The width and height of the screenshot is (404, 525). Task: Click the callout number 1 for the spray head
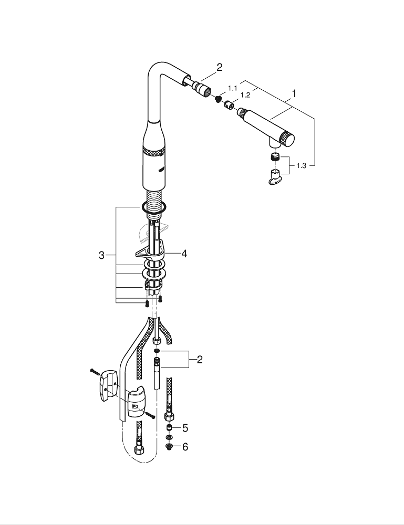point(294,94)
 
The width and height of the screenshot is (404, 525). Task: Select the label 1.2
point(245,95)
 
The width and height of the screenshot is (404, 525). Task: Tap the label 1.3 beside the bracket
point(301,165)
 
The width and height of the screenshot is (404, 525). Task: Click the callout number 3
point(101,256)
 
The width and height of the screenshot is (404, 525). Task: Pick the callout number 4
point(184,254)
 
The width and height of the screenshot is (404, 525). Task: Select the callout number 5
point(185,428)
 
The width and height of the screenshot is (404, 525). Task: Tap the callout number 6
point(185,447)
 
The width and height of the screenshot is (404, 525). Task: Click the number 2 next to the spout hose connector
point(220,67)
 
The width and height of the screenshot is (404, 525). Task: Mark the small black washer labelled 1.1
point(217,99)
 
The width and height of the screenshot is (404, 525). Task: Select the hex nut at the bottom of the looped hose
point(140,450)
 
